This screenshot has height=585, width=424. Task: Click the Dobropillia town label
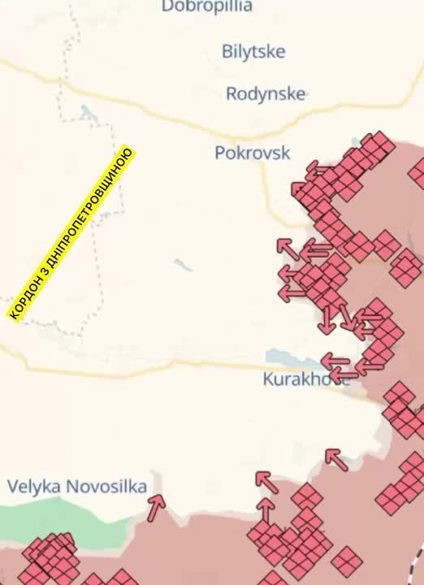(206, 6)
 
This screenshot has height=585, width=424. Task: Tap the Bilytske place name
(253, 51)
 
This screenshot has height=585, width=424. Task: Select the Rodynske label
(266, 93)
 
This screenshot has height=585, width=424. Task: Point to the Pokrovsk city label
(252, 152)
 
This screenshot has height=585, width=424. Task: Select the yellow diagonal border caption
(71, 233)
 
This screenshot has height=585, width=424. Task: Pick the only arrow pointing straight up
(265, 509)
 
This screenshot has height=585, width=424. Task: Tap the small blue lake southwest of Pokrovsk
(183, 265)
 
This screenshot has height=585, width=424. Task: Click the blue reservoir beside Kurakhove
(284, 358)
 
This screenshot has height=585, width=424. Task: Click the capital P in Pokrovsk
(220, 152)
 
